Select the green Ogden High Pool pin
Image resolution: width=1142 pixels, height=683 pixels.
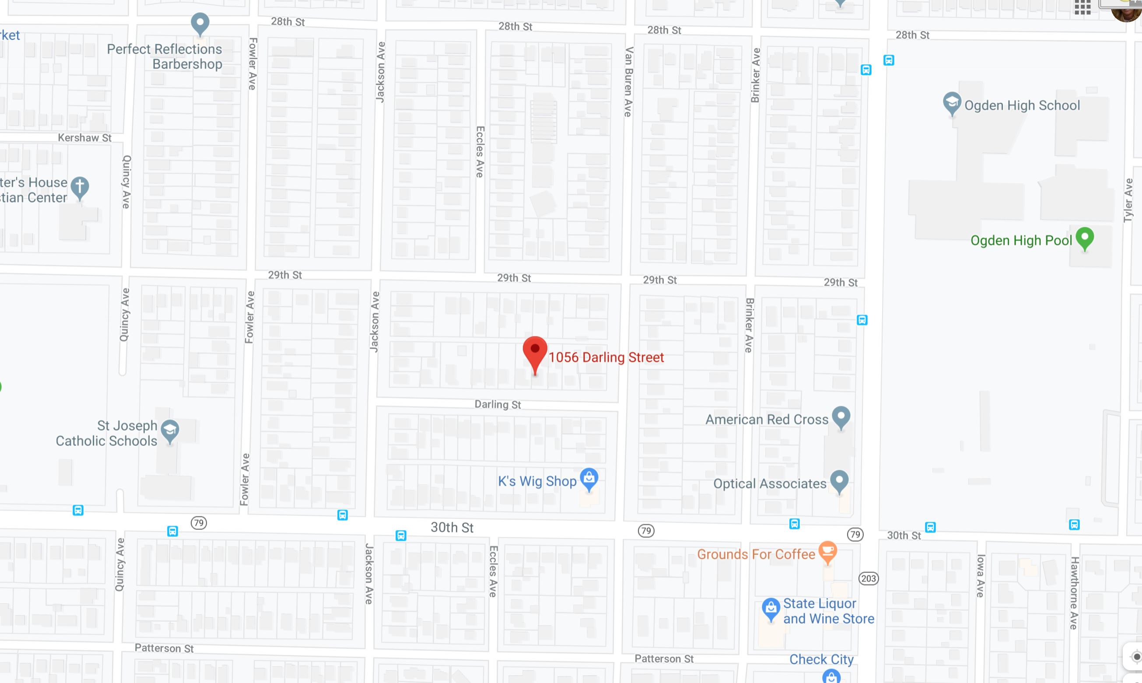(1084, 238)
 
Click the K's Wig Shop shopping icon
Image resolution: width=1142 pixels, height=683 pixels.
(589, 479)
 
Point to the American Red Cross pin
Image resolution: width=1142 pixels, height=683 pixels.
(841, 417)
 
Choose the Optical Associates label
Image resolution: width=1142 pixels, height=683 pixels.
(769, 484)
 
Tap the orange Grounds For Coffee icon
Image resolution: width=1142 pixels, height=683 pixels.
(827, 551)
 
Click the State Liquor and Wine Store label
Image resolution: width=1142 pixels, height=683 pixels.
(828, 611)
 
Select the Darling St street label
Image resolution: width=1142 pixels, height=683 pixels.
(497, 405)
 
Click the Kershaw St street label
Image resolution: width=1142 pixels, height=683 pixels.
(84, 138)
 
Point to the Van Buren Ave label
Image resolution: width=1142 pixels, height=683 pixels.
(628, 82)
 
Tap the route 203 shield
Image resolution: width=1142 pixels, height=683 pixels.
(868, 578)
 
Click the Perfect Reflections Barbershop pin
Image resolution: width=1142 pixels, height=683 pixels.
(200, 23)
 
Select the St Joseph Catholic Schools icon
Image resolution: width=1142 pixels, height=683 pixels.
(170, 431)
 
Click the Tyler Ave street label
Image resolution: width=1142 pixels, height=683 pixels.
(1128, 200)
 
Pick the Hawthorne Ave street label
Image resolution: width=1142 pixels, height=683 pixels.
(1074, 593)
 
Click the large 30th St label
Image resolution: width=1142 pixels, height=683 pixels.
(452, 527)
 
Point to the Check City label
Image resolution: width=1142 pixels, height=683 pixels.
(821, 659)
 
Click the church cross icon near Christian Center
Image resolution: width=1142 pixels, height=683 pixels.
(80, 187)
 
